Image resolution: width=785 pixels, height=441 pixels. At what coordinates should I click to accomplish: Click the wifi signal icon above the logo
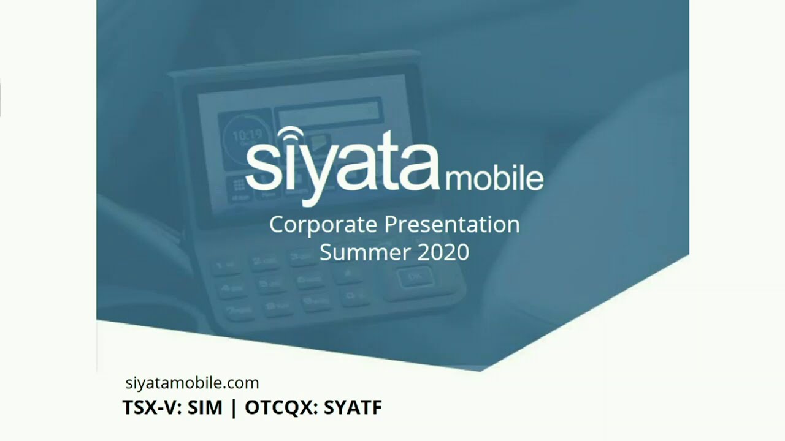tap(289, 135)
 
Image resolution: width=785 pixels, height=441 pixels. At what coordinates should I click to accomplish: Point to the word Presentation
tap(452, 225)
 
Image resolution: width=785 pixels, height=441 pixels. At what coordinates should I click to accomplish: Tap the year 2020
tap(443, 252)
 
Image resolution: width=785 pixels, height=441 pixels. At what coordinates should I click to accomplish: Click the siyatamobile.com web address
tap(192, 383)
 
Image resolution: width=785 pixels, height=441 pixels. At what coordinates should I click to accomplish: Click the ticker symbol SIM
tap(205, 408)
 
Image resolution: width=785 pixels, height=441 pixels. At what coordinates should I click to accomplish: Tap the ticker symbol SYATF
tap(353, 408)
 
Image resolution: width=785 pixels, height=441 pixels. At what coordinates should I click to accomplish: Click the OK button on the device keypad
tap(415, 277)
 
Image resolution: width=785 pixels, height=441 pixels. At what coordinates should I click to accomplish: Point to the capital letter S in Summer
tap(326, 252)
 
